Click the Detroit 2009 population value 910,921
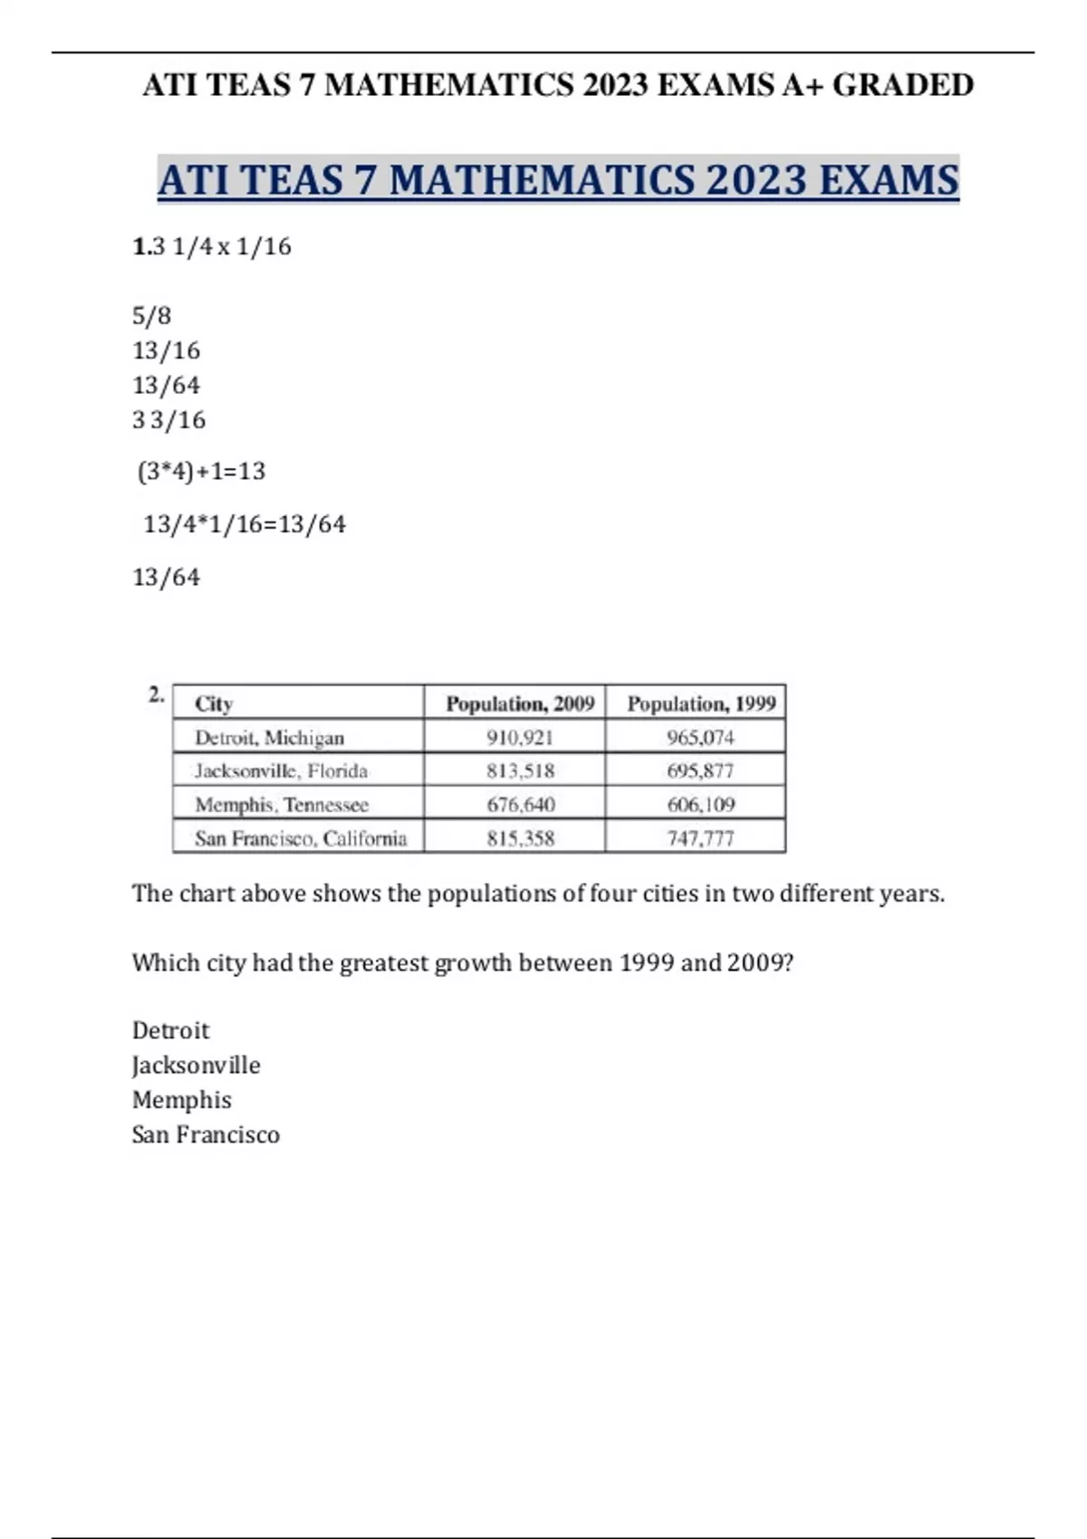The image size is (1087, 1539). pos(519,737)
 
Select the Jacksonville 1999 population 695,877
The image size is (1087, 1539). pos(700,770)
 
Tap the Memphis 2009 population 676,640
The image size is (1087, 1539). pos(520,804)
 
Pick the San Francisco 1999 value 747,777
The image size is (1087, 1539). pos(700,838)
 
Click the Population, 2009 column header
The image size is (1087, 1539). pos(520,703)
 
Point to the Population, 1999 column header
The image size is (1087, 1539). pos(701,703)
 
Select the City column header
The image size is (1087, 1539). pos(214,703)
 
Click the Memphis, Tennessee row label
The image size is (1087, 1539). pos(282,804)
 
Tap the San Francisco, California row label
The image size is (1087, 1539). pos(301,838)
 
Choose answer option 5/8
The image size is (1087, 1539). pos(151,316)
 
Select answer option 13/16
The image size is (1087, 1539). pos(166,350)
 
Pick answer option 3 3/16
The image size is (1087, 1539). pos(168,420)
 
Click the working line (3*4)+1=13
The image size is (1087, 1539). pos(201,472)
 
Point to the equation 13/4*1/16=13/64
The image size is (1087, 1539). pos(245,524)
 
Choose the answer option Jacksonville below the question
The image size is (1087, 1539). pos(196,1066)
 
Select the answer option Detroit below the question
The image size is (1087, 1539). pos(170,1030)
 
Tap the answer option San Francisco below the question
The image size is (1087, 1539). pos(206,1134)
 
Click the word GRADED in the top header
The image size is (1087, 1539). pos(903,85)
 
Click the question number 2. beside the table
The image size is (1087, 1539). pos(157,694)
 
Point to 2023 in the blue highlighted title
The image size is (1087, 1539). pos(755,179)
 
